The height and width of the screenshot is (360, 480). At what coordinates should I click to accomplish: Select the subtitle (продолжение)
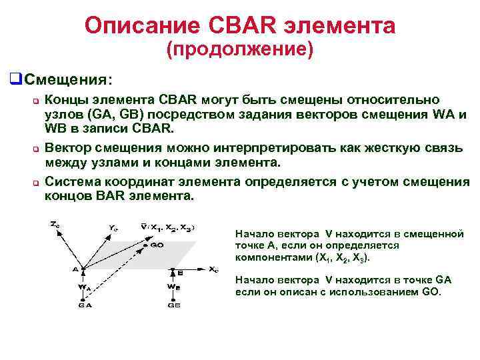tap(239, 51)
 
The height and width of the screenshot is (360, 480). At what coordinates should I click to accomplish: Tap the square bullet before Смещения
tap(13, 79)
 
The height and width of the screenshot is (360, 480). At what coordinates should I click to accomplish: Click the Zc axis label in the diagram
tap(55, 225)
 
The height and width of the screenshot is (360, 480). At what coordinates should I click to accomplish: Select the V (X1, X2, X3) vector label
tap(167, 227)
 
